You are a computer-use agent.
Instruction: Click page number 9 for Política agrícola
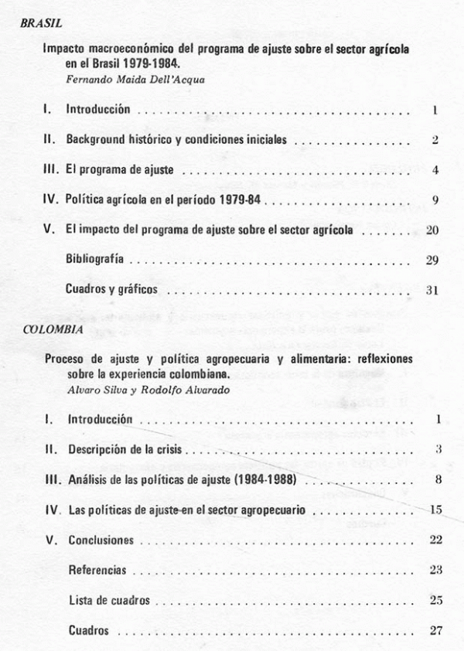(x=436, y=200)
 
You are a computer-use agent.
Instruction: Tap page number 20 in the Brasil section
(x=432, y=230)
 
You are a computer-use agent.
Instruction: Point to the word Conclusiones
(x=101, y=540)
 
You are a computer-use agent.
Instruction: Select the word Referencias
(x=97, y=570)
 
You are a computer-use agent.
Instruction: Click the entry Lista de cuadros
(x=109, y=600)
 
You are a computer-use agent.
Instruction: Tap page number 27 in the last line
(x=434, y=630)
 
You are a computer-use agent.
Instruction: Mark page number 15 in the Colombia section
(x=434, y=510)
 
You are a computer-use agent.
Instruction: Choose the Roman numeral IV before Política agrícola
(x=49, y=200)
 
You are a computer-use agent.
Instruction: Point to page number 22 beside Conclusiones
(x=434, y=540)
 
